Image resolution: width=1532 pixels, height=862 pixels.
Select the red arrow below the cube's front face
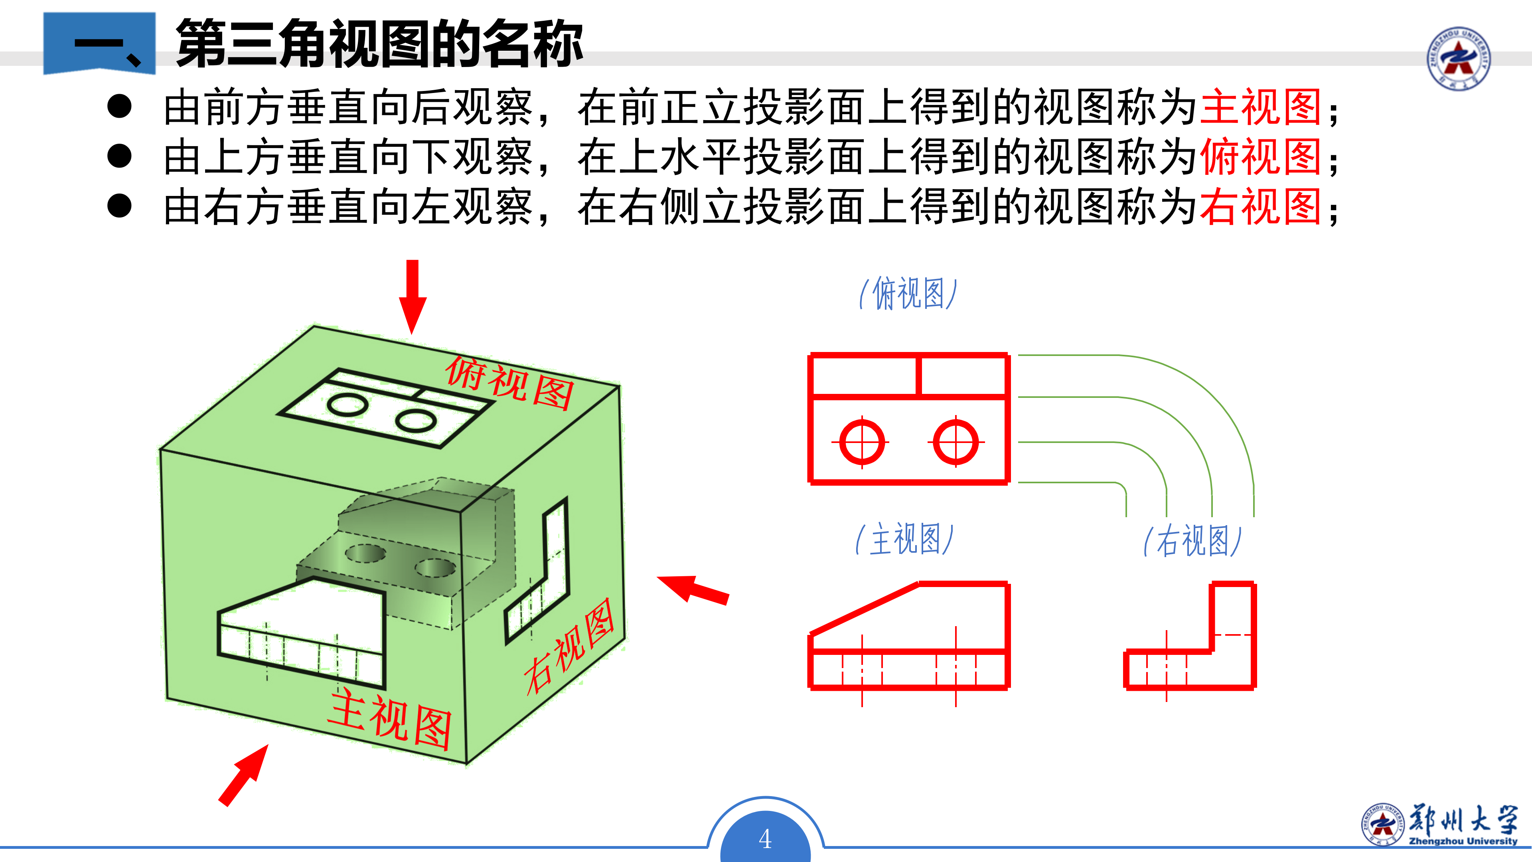(x=243, y=775)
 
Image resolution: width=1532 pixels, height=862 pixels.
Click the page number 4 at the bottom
(x=766, y=839)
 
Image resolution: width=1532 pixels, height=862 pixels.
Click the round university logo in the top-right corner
(x=1459, y=58)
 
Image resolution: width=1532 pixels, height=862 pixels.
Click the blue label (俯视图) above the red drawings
(x=908, y=293)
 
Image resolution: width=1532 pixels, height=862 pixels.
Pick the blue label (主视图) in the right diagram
(x=904, y=540)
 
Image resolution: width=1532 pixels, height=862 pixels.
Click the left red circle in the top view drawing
(x=862, y=442)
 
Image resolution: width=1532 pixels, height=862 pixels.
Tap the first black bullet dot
(x=120, y=107)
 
